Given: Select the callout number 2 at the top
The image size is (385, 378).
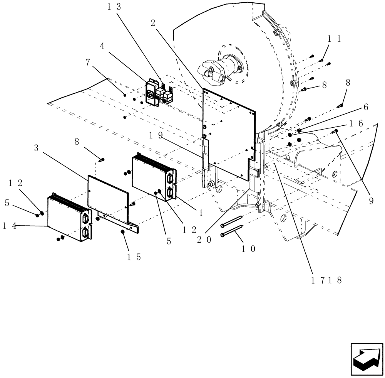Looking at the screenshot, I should [153, 23].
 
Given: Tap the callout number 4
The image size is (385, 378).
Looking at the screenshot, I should [102, 46].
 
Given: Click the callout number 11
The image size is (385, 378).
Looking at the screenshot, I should [334, 39].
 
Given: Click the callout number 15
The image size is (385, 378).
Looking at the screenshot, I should [133, 256].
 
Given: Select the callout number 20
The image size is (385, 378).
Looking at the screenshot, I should [204, 239].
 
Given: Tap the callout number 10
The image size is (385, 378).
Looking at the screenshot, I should [248, 249].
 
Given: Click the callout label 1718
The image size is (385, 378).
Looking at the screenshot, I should [327, 280].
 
